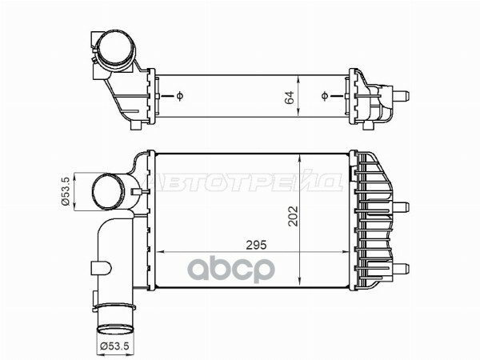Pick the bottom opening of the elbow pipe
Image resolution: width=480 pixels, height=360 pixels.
coord(114,327)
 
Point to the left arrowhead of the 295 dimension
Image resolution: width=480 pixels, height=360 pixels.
coord(155,251)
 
